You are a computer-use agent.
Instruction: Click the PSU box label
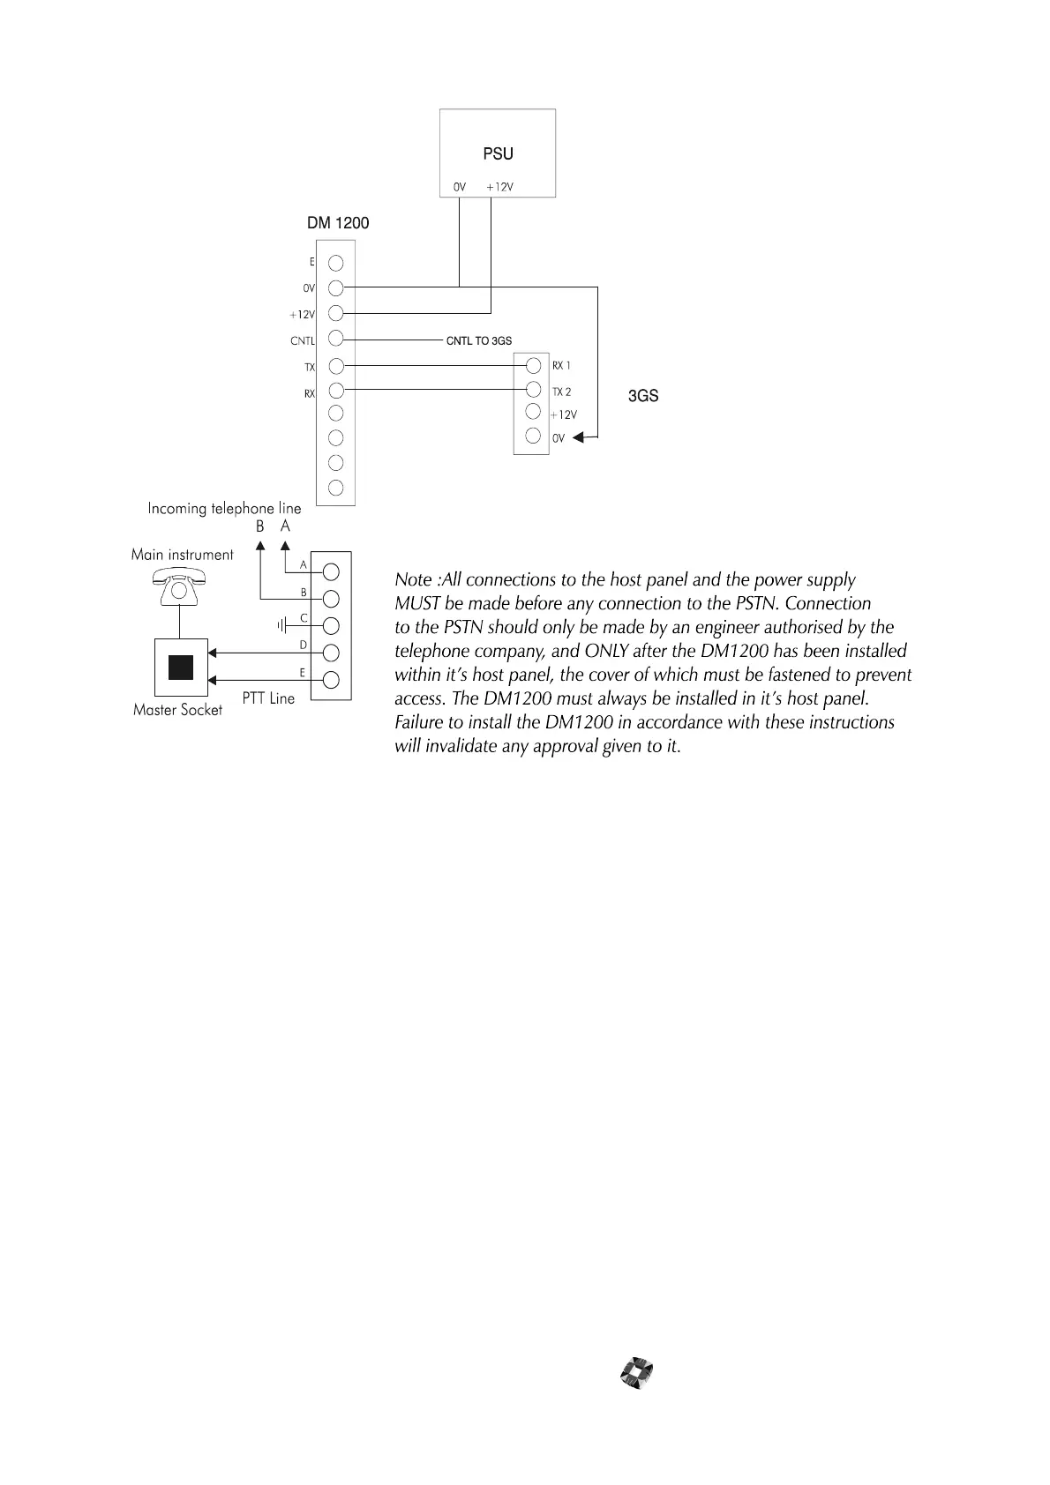498,153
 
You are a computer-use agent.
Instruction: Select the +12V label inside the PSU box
499,187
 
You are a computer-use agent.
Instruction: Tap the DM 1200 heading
338,223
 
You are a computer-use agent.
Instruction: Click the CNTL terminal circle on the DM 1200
335,339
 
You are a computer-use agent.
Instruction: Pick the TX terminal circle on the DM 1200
335,366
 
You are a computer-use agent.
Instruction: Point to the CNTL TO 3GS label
479,340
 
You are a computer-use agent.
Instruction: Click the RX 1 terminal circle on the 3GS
533,365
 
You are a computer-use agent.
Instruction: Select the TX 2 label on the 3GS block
562,392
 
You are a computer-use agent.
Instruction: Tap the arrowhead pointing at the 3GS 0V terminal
578,437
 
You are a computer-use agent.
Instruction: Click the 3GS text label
643,396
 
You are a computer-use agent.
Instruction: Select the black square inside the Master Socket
181,668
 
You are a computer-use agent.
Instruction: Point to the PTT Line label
268,698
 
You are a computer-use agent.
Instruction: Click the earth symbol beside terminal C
283,625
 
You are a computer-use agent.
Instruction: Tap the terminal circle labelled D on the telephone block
332,653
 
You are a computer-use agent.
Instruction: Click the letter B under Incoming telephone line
260,526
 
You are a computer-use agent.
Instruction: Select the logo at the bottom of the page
637,1373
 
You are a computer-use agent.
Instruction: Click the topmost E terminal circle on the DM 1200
335,263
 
